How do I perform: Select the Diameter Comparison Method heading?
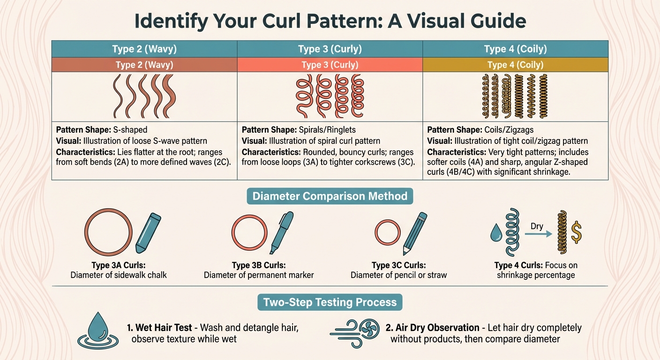pyautogui.click(x=330, y=196)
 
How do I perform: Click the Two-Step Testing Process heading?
pyautogui.click(x=330, y=302)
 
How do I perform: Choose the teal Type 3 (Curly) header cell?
pyautogui.click(x=330, y=49)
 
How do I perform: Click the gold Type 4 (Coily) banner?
pyautogui.click(x=515, y=65)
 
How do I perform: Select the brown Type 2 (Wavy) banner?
pyautogui.click(x=144, y=65)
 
